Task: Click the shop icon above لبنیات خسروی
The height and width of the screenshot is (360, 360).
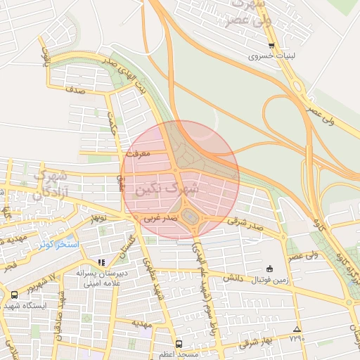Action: click(x=271, y=46)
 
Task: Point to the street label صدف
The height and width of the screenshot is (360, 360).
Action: click(x=76, y=90)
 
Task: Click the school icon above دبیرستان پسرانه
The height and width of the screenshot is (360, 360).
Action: click(x=102, y=262)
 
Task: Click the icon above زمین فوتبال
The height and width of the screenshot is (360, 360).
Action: click(x=269, y=269)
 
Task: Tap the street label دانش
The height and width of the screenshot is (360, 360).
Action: click(x=233, y=278)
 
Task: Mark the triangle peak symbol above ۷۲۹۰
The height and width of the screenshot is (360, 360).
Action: click(x=297, y=329)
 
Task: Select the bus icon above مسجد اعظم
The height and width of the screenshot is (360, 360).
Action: click(x=179, y=344)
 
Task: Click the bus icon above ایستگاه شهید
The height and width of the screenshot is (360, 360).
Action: click(x=15, y=295)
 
